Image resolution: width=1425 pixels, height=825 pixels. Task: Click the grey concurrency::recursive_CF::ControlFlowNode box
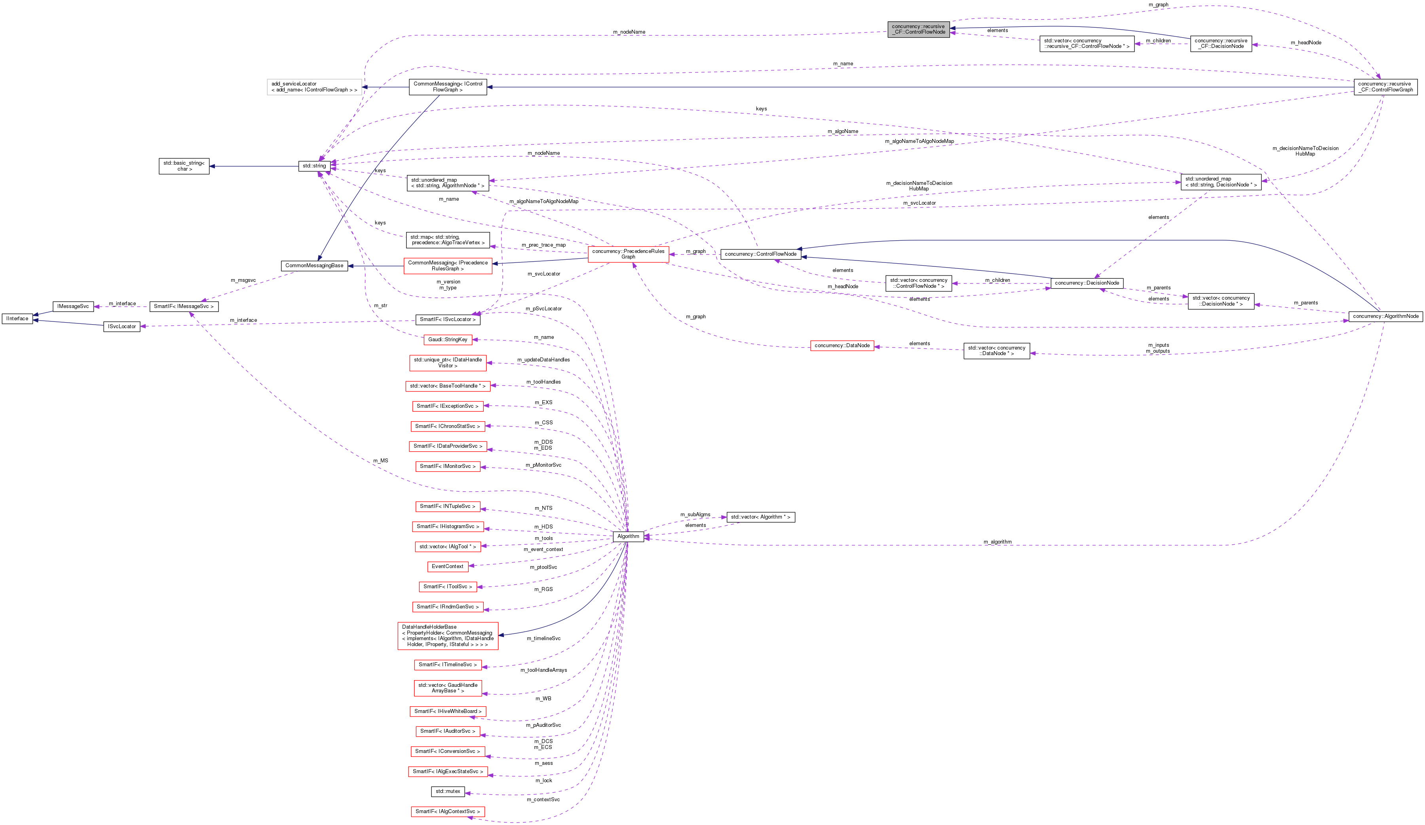coord(918,29)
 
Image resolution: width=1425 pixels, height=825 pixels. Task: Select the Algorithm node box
coord(628,536)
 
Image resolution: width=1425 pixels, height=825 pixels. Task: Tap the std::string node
coord(314,166)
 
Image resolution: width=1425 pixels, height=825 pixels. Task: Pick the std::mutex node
coord(447,791)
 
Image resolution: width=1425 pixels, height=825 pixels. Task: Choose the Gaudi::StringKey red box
coord(447,339)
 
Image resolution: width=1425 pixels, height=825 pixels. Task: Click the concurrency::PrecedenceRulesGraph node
coord(628,254)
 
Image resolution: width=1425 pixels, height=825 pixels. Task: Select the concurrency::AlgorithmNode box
coord(1385,316)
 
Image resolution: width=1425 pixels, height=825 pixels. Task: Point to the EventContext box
coord(447,566)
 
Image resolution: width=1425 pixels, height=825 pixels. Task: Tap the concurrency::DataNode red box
coord(842,346)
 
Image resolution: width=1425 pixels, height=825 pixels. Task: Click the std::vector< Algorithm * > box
coord(760,517)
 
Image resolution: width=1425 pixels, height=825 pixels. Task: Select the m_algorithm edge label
coord(997,542)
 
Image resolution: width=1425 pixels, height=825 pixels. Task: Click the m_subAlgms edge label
coord(695,515)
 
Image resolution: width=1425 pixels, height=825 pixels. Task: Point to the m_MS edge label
coord(380,461)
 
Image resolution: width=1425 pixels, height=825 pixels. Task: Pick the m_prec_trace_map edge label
coord(543,245)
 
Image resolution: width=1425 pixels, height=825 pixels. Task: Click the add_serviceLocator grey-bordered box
coord(314,87)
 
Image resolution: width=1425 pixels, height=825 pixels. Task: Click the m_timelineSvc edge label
coord(543,639)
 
